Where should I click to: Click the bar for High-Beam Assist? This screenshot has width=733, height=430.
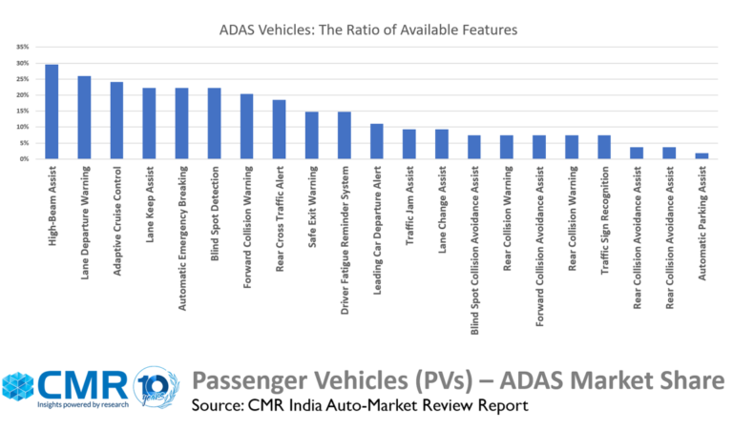[52, 112]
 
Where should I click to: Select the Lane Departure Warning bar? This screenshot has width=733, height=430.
[84, 117]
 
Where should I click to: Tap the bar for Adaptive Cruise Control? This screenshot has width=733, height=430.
[116, 120]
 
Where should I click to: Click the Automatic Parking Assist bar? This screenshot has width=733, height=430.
[702, 155]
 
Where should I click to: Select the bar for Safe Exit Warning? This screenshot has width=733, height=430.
[311, 135]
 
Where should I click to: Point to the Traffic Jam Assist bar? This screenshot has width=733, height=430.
[408, 144]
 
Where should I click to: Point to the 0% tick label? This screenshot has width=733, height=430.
[23, 159]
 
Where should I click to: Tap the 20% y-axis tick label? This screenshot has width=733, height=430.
[21, 95]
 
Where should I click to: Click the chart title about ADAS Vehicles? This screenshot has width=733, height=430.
[366, 31]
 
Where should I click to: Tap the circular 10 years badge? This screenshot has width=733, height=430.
[155, 389]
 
